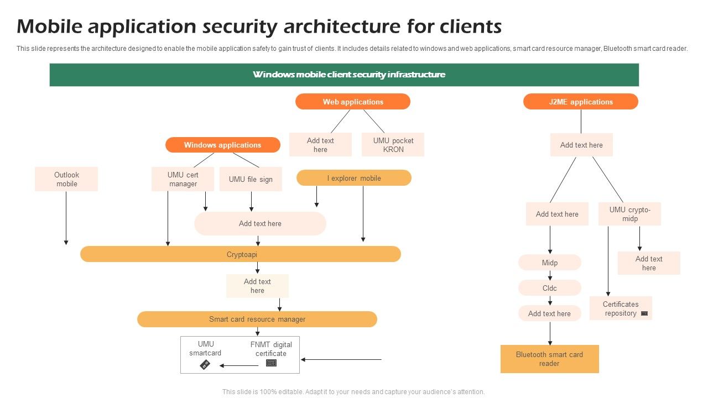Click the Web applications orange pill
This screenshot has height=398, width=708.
(x=353, y=102)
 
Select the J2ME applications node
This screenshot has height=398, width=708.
(x=580, y=102)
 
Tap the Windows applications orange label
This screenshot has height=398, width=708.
(x=222, y=145)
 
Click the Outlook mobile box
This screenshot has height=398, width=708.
(x=66, y=179)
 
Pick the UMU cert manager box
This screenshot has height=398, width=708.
(x=183, y=179)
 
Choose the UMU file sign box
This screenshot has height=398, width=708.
(x=251, y=179)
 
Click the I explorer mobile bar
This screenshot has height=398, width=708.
(x=354, y=178)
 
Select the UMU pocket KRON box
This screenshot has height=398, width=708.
(x=393, y=145)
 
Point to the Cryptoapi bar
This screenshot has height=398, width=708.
(x=241, y=254)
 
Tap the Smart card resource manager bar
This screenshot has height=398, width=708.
(x=257, y=319)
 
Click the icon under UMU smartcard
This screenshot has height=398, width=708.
(x=205, y=364)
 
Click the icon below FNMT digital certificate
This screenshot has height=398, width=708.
(x=271, y=363)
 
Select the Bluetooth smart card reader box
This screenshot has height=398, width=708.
(x=549, y=359)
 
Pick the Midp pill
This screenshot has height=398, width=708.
(x=549, y=263)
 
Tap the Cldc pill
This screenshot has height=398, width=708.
(x=549, y=288)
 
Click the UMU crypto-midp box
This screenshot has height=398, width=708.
(x=629, y=214)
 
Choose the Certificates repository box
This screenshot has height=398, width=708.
(x=620, y=308)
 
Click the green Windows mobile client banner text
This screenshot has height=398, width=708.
(x=348, y=75)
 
